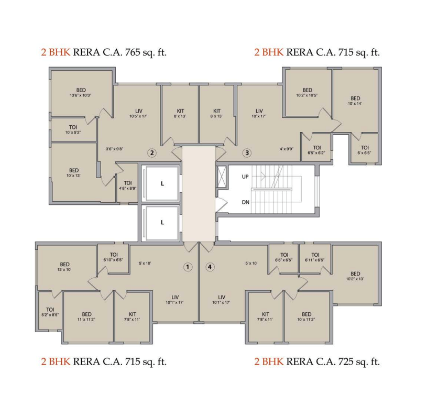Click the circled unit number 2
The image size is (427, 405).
152,153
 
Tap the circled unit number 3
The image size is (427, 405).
247,153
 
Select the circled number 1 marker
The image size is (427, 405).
187,267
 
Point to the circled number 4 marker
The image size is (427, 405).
210,267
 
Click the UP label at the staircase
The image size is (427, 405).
245,177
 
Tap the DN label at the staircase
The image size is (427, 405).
245,202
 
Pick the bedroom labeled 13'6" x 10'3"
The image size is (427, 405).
80,92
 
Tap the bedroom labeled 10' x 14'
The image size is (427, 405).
355,101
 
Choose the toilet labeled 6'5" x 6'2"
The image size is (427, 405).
316,150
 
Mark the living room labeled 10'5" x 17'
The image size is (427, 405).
138,113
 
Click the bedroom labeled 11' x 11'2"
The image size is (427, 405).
86,316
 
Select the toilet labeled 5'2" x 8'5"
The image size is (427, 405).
50,312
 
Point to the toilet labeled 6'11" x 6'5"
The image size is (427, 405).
315,257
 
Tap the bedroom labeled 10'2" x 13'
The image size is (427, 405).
355,276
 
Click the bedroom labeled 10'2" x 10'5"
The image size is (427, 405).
307,93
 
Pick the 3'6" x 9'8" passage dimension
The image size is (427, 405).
115,149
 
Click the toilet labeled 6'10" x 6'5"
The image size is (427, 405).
113,257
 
